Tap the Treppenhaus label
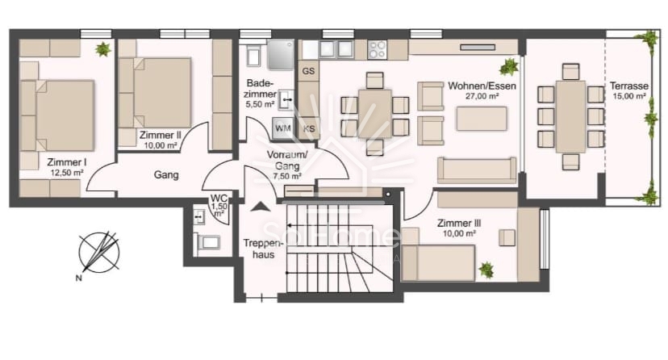[x=261, y=248]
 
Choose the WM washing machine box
[x=283, y=128]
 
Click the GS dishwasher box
[x=308, y=71]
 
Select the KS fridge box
[x=308, y=128]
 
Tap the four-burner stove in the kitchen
[x=378, y=49]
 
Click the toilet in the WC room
[x=207, y=241]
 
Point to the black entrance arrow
[x=260, y=207]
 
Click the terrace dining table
[x=570, y=116]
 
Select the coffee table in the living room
[x=482, y=119]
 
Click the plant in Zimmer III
[x=486, y=270]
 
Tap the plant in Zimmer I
[x=103, y=49]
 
